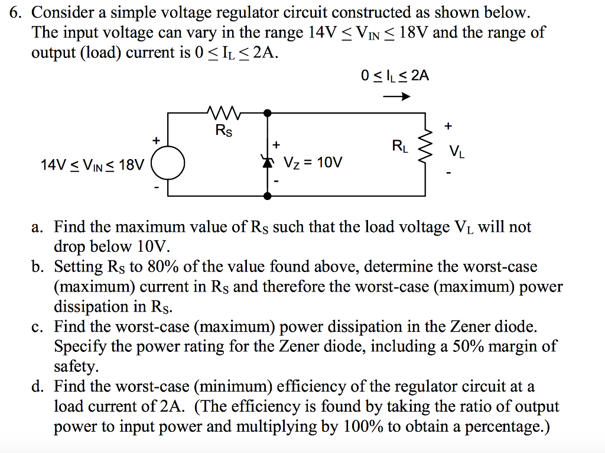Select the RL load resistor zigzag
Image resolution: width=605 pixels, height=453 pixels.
pos(425,150)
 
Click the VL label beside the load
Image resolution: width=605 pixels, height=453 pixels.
pos(456,153)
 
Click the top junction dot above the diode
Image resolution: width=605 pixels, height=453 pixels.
pos(267,112)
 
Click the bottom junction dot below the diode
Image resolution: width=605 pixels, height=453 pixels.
pos(267,195)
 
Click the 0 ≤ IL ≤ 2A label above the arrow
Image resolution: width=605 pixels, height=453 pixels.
pos(395,76)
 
